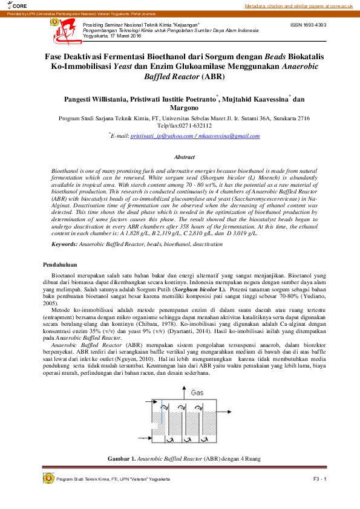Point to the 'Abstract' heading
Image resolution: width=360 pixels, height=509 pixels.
click(180, 157)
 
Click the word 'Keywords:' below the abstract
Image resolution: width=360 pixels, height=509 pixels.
click(65, 244)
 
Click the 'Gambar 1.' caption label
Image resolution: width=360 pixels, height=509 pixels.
click(122, 459)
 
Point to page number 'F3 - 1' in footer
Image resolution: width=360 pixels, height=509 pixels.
click(319, 479)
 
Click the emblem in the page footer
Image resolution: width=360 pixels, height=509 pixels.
click(48, 479)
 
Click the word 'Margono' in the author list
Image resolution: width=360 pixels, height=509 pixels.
click(180, 108)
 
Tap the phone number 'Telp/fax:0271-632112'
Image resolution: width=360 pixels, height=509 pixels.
click(180, 126)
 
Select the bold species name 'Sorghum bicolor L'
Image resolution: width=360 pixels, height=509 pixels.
click(198, 290)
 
